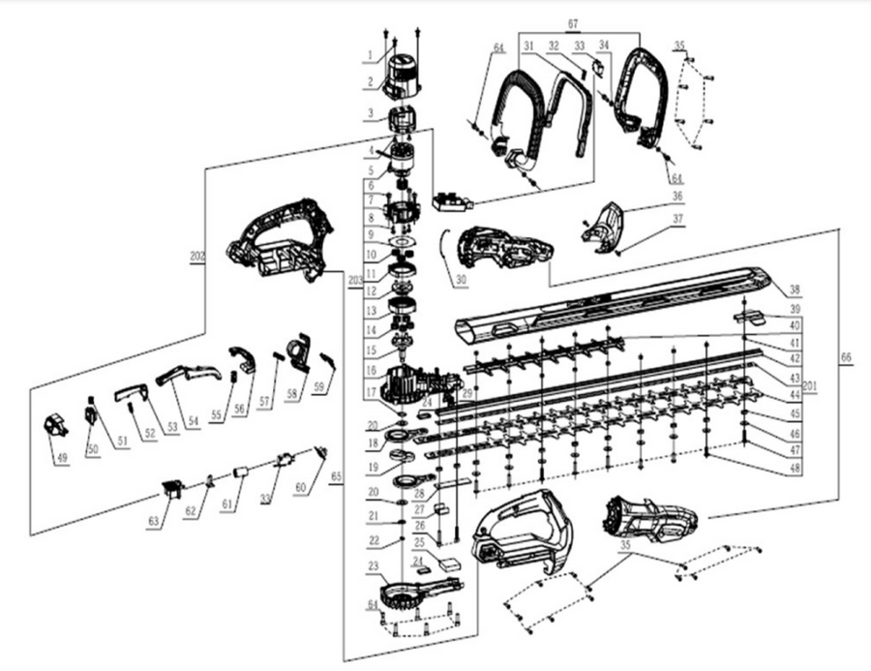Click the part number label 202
198,258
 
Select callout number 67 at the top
600,21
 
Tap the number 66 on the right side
849,358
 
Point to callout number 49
62,457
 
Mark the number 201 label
810,385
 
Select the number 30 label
459,281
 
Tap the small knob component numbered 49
57,426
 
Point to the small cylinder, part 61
240,474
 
